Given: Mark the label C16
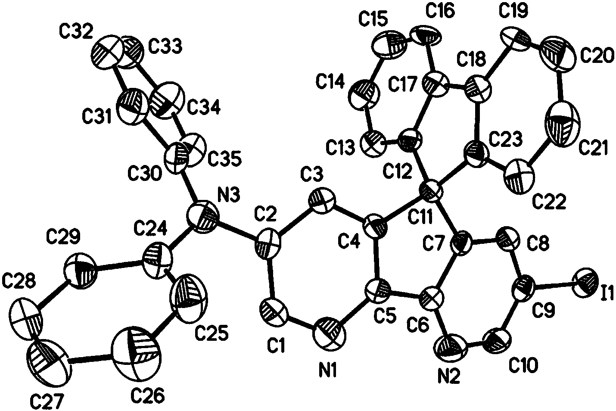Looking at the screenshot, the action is (x=439, y=12).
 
